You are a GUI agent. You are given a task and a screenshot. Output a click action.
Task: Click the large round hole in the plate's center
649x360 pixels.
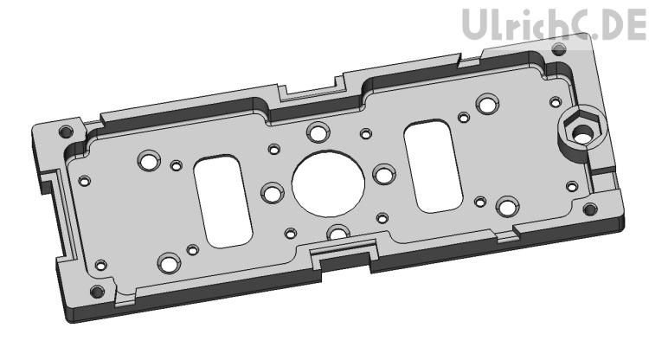point(328,183)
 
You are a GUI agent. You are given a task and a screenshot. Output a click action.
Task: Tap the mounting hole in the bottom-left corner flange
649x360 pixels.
point(97,288)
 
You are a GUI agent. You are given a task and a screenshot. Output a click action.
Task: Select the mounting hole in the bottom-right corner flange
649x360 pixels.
point(590,208)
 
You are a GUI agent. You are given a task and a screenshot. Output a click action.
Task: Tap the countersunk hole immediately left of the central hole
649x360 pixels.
point(273,191)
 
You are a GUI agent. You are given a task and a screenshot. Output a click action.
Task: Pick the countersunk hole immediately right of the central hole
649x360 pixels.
point(382,176)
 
